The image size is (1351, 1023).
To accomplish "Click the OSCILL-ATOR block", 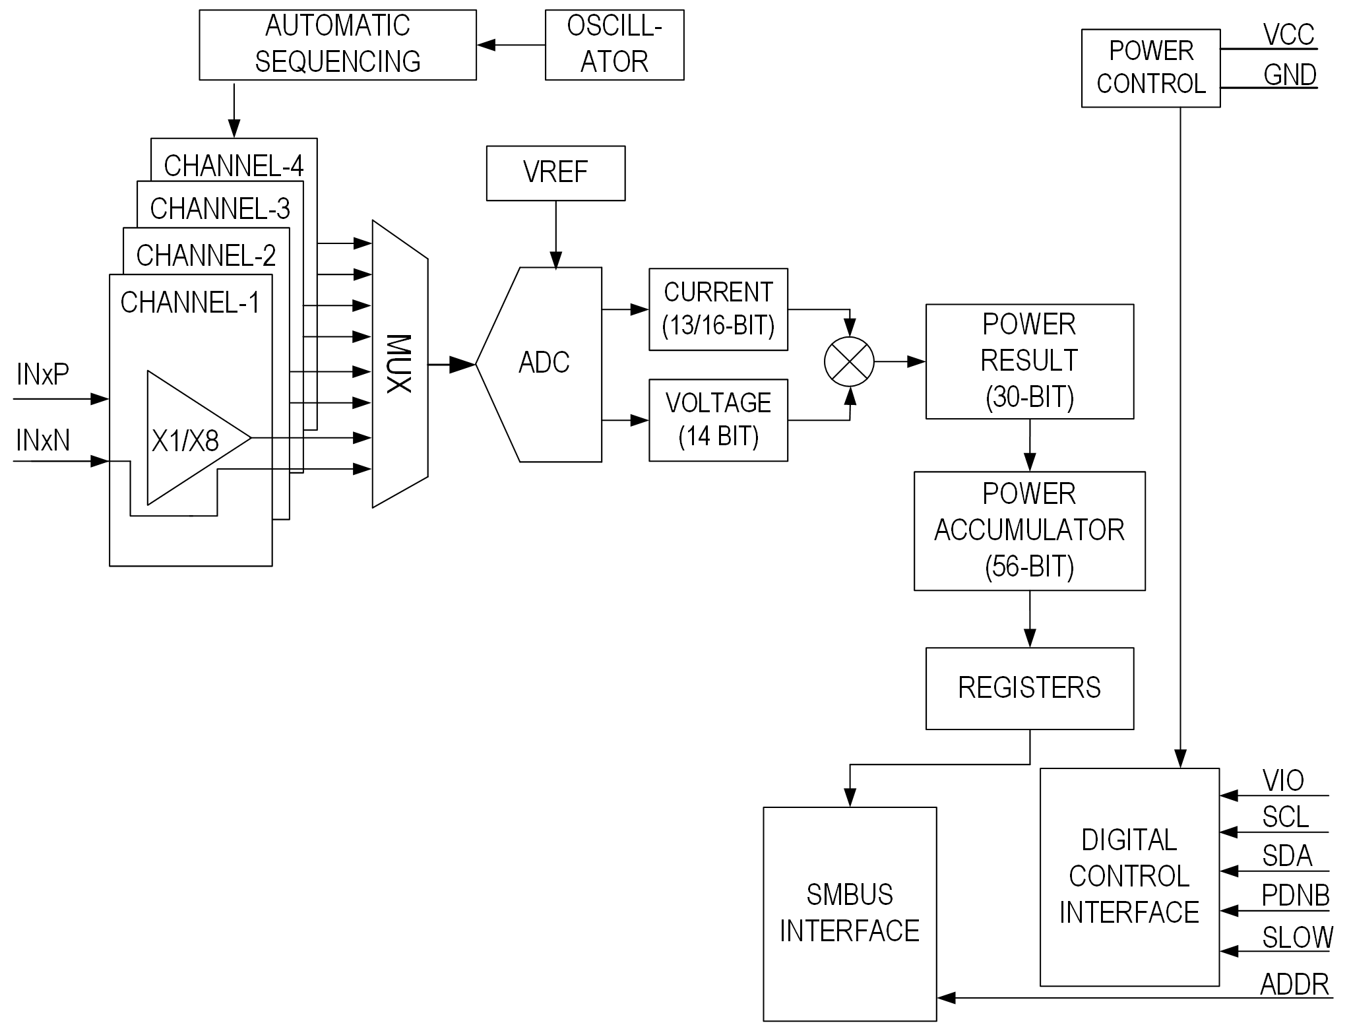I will [x=614, y=45].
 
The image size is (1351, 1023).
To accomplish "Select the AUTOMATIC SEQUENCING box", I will [x=337, y=45].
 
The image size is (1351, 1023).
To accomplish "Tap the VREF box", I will [x=555, y=173].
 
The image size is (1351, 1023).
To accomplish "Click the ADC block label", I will [x=544, y=363].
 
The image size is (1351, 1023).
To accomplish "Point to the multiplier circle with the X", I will [x=849, y=361].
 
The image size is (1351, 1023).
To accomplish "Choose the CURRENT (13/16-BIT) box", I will [x=718, y=309].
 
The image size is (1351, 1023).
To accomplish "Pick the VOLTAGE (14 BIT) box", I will [x=718, y=419].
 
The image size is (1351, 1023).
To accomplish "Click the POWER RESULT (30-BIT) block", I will [x=1029, y=361].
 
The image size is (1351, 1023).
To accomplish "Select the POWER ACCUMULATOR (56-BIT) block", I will [x=1029, y=530].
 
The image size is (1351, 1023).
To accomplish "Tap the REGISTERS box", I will [x=1029, y=688].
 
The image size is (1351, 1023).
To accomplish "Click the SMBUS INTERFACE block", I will [x=850, y=914].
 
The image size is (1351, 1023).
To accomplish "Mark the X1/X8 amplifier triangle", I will [x=188, y=439].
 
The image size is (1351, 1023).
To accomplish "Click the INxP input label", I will [x=43, y=375].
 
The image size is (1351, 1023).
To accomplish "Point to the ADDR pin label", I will [x=1294, y=985].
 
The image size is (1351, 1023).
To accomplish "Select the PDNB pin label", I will [x=1295, y=896].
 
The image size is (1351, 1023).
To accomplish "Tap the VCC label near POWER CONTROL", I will [x=1288, y=34].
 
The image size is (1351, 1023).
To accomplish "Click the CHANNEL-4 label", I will [x=234, y=166].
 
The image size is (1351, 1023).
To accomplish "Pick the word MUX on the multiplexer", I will [x=398, y=363].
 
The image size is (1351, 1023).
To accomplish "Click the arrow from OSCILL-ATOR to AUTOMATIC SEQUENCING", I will [x=510, y=45].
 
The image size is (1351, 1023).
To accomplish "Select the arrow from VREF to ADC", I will [x=555, y=234].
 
